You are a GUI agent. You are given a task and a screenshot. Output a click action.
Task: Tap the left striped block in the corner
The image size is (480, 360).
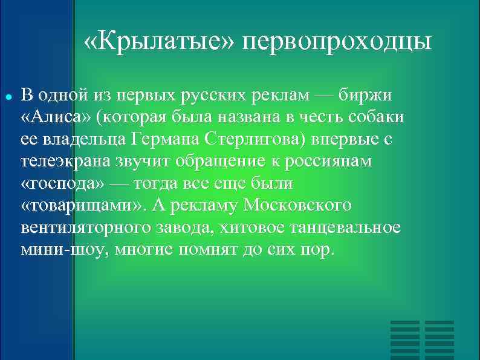click(x=404, y=339)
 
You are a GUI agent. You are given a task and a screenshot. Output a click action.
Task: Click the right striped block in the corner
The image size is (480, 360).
click(x=439, y=339)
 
